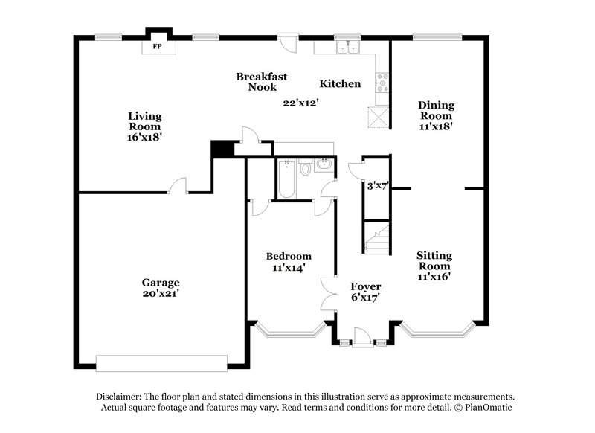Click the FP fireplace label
coord(157,47)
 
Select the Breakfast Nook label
coord(262,82)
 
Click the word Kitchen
coord(340,84)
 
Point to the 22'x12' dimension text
coord(300,103)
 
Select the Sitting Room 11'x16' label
coord(434,266)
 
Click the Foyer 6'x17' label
coord(365,292)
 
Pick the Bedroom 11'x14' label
coord(289,261)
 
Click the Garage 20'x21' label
coord(161,288)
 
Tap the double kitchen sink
coord(347,48)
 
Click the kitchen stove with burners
coord(384,83)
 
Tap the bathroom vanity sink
coord(324,166)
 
